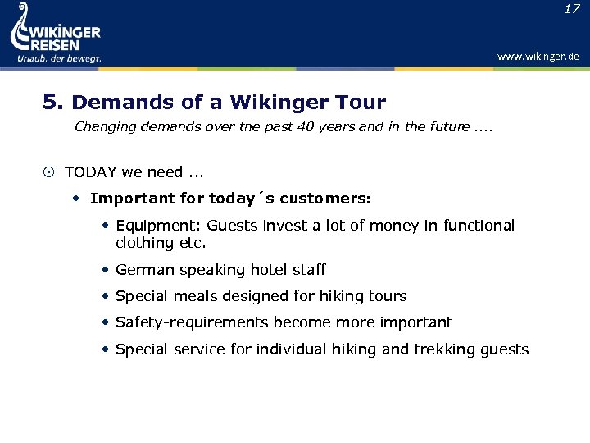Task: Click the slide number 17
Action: coord(572,9)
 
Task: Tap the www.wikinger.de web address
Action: coord(538,57)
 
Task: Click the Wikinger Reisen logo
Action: coord(55,33)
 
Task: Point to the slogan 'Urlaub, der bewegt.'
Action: coord(59,58)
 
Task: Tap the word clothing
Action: coord(143,243)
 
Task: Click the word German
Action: coord(143,270)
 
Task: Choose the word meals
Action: coord(191,296)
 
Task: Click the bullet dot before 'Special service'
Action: coord(107,349)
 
